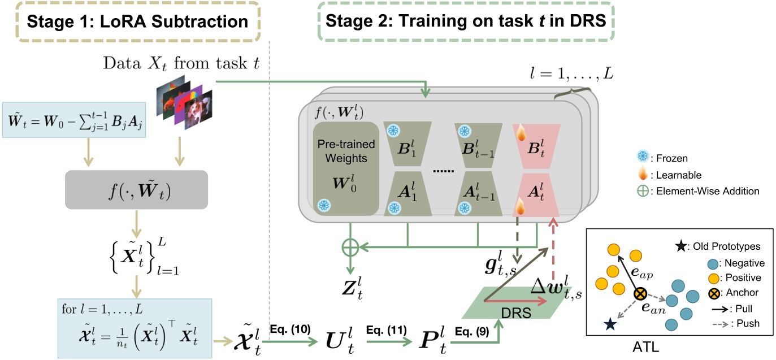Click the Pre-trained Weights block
[346, 168]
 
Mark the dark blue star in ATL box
[610, 324]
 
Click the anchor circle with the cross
[640, 294]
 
